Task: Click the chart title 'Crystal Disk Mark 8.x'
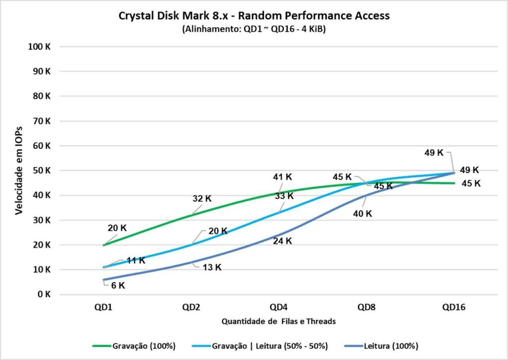click(254, 15)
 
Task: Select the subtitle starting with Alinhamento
click(254, 29)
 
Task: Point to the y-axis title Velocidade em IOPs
click(19, 170)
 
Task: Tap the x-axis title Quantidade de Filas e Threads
click(278, 321)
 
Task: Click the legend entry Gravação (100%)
click(135, 346)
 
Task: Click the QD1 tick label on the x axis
click(103, 307)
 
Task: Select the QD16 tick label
click(453, 307)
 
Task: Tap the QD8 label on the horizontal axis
click(366, 307)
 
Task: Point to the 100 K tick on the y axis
click(41, 47)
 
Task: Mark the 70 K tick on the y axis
click(42, 121)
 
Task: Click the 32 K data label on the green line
click(202, 198)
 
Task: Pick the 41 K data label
click(282, 177)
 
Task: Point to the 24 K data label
click(282, 241)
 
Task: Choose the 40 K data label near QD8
click(362, 214)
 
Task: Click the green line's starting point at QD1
click(103, 245)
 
